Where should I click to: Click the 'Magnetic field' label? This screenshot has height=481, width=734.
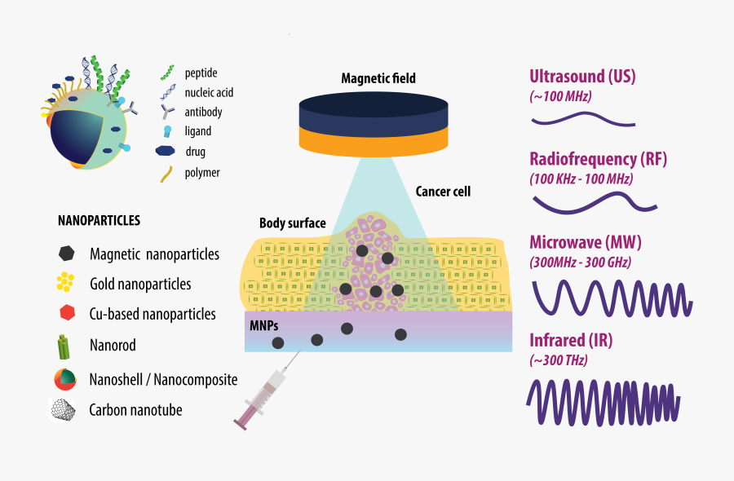(378, 79)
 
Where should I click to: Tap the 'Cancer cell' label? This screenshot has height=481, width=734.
(443, 192)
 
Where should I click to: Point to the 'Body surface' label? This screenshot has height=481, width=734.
(293, 223)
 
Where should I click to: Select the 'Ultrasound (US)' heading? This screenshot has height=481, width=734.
(582, 77)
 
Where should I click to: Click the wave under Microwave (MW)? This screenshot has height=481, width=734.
(612, 297)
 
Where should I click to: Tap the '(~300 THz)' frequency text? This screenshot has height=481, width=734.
(559, 360)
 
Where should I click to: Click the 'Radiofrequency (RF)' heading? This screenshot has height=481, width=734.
(598, 159)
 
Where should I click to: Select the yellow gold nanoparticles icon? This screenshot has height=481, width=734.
(66, 282)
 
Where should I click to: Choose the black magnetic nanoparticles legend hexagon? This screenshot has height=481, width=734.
(66, 254)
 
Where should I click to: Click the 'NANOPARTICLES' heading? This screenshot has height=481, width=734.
(99, 220)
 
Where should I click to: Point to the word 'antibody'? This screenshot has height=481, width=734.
(203, 113)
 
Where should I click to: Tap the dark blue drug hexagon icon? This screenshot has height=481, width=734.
(166, 151)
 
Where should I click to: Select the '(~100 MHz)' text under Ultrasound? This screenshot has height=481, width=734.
(560, 96)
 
